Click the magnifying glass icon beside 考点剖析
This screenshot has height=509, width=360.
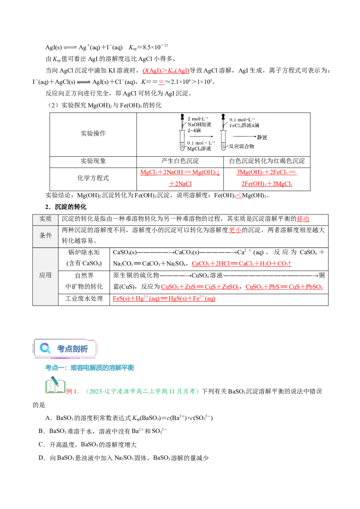[x=45, y=348]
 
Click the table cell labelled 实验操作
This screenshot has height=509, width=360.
[x=93, y=134]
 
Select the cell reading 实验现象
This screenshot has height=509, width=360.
[x=93, y=161]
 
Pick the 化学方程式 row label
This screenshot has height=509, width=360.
[x=93, y=178]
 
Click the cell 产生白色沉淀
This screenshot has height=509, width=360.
[x=180, y=161]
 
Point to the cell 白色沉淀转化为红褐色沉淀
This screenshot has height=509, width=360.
[x=267, y=161]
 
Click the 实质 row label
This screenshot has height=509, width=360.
[x=45, y=219]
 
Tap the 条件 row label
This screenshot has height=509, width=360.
[x=45, y=235]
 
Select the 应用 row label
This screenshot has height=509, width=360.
[x=45, y=275]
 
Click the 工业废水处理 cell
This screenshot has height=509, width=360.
[x=84, y=298]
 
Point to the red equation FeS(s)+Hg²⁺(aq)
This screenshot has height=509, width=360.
[x=164, y=298]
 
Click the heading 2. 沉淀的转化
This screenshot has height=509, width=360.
[x=66, y=207]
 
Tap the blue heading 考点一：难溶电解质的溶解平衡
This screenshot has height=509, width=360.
[x=90, y=367]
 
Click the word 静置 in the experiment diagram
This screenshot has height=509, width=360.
[x=262, y=137]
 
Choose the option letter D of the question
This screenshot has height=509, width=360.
[x=41, y=458]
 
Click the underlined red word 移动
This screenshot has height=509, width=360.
[x=303, y=219]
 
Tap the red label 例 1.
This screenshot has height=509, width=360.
[x=72, y=391]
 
